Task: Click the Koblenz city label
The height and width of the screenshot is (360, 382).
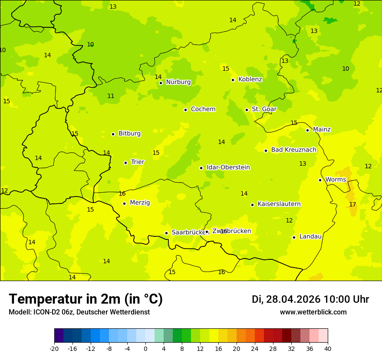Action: [x=250, y=79]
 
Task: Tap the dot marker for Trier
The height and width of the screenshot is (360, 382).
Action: [x=125, y=163]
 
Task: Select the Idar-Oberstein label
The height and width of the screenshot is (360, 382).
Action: [x=228, y=167]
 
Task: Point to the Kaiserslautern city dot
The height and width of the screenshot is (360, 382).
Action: [x=252, y=205]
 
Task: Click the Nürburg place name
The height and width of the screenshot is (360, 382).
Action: [x=178, y=82]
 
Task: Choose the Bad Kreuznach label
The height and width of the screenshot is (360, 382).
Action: [x=293, y=150]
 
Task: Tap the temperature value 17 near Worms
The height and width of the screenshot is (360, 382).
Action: [x=352, y=204]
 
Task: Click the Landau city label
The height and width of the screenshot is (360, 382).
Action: [x=310, y=236]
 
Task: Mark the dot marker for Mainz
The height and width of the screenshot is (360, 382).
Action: [x=307, y=130]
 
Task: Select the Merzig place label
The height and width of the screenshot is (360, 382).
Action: [x=140, y=203]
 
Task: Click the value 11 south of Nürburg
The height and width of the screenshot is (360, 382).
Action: [x=111, y=96]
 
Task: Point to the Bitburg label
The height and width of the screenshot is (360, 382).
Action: [x=129, y=134]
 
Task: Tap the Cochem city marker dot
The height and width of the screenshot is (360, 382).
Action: [x=185, y=110]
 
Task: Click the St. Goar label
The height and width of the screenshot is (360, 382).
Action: [x=264, y=109]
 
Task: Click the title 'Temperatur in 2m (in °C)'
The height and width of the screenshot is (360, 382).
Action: [x=86, y=299]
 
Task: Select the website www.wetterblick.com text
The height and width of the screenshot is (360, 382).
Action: [x=313, y=312]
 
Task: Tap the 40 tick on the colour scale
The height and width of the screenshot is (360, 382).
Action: [x=328, y=348]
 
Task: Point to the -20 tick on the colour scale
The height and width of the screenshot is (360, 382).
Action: [x=54, y=348]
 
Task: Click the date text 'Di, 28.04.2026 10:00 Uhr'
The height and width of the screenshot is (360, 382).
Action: [x=310, y=299]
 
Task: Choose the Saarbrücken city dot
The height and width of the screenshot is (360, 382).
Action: [x=166, y=233]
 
